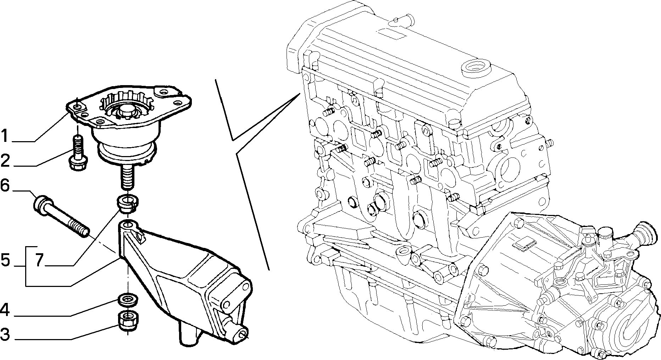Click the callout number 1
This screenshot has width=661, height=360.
(x=5, y=136)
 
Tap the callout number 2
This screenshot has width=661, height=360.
(x=5, y=160)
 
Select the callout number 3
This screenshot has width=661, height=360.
(x=5, y=334)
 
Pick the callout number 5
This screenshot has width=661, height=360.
(x=5, y=260)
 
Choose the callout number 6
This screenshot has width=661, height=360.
(x=5, y=185)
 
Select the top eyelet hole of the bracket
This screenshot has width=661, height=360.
(x=128, y=225)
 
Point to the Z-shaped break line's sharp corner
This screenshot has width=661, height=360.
(x=233, y=140)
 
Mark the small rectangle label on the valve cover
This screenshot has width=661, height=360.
(x=391, y=33)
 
